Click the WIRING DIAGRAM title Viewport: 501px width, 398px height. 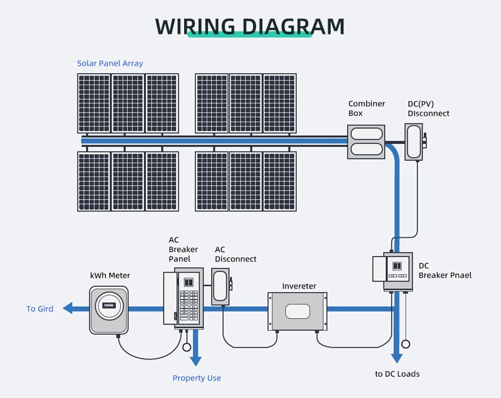[249, 26]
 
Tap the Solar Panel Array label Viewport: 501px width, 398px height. [110, 63]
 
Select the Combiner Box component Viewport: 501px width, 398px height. [366, 141]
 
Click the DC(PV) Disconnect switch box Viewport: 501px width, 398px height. [414, 141]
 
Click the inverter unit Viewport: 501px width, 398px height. [297, 311]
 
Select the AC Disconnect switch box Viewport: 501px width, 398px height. [220, 287]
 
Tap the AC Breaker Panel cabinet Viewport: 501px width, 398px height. [183, 298]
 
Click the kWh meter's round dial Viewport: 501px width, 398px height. [108, 306]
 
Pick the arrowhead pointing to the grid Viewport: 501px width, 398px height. [68, 309]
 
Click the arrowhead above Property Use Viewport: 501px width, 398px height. [195, 361]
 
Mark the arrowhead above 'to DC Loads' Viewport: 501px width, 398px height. [396, 358]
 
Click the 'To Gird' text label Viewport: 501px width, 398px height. [39, 309]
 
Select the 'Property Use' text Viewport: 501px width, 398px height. [197, 378]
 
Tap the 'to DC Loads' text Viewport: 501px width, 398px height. [397, 374]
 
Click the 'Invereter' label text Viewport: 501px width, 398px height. [299, 286]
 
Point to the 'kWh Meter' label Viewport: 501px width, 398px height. [110, 275]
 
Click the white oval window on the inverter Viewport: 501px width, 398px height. [297, 312]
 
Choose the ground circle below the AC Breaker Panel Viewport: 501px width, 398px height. [187, 347]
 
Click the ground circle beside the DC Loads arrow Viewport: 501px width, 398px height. [406, 344]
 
